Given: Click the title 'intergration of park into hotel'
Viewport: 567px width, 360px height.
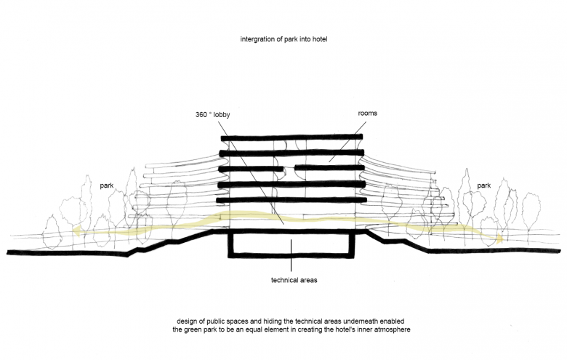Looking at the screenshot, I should coord(284,38).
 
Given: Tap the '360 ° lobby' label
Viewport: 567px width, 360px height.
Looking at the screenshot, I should coord(213,115).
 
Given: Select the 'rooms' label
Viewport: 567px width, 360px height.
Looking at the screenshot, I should coord(367,114).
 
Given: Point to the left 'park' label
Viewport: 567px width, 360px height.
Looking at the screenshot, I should coord(107,186).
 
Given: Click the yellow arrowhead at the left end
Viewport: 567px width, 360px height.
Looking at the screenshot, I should coord(76,233).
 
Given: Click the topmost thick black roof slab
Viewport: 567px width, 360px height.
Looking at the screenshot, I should coord(291,138).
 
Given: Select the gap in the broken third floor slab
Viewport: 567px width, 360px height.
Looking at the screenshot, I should coord(288,168).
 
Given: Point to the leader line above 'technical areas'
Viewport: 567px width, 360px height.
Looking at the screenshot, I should coord(291,255).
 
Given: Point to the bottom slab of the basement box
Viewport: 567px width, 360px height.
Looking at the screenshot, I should coord(291,257).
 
